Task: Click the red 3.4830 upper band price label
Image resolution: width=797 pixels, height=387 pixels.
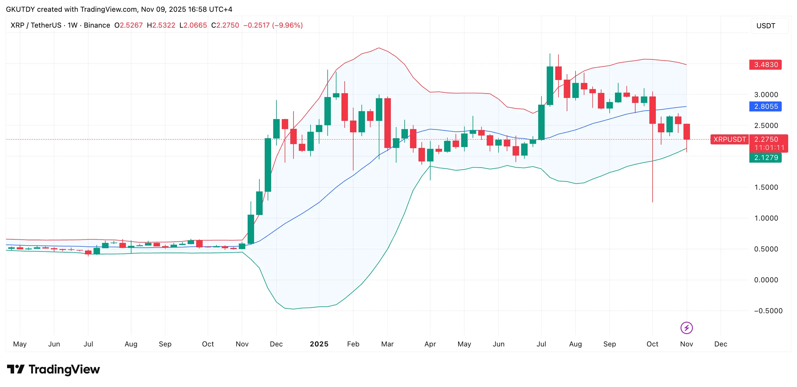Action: click(765, 65)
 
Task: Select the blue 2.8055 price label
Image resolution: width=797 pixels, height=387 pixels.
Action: click(765, 106)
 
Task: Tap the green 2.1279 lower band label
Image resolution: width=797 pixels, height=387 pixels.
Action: click(765, 157)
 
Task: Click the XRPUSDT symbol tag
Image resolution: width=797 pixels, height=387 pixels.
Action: click(729, 139)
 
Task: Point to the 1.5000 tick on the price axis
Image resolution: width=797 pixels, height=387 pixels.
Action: click(766, 187)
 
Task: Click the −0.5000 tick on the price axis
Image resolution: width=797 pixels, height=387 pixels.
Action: click(768, 311)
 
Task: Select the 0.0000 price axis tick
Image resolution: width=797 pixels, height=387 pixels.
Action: click(766, 280)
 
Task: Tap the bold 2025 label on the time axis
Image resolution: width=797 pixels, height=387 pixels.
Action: click(319, 344)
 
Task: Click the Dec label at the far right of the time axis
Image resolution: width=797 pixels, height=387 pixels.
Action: click(721, 344)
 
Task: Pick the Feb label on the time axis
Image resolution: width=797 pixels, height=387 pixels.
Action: click(353, 344)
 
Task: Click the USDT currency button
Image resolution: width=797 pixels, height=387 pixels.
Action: click(766, 26)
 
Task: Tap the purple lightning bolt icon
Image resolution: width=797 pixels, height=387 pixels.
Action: click(686, 328)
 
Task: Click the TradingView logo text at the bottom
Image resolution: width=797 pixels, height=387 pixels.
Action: click(64, 369)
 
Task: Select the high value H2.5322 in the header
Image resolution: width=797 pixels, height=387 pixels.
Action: click(161, 25)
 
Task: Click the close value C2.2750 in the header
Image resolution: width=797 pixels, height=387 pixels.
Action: click(225, 25)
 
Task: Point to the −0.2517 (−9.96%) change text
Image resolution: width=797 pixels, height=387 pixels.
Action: click(273, 25)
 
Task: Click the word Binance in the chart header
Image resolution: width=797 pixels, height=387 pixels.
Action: click(97, 25)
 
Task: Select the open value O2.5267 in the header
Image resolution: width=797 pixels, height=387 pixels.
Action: click(129, 25)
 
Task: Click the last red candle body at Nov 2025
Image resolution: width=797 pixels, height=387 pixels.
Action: click(686, 132)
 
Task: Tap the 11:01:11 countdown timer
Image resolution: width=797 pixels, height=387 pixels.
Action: click(769, 148)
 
